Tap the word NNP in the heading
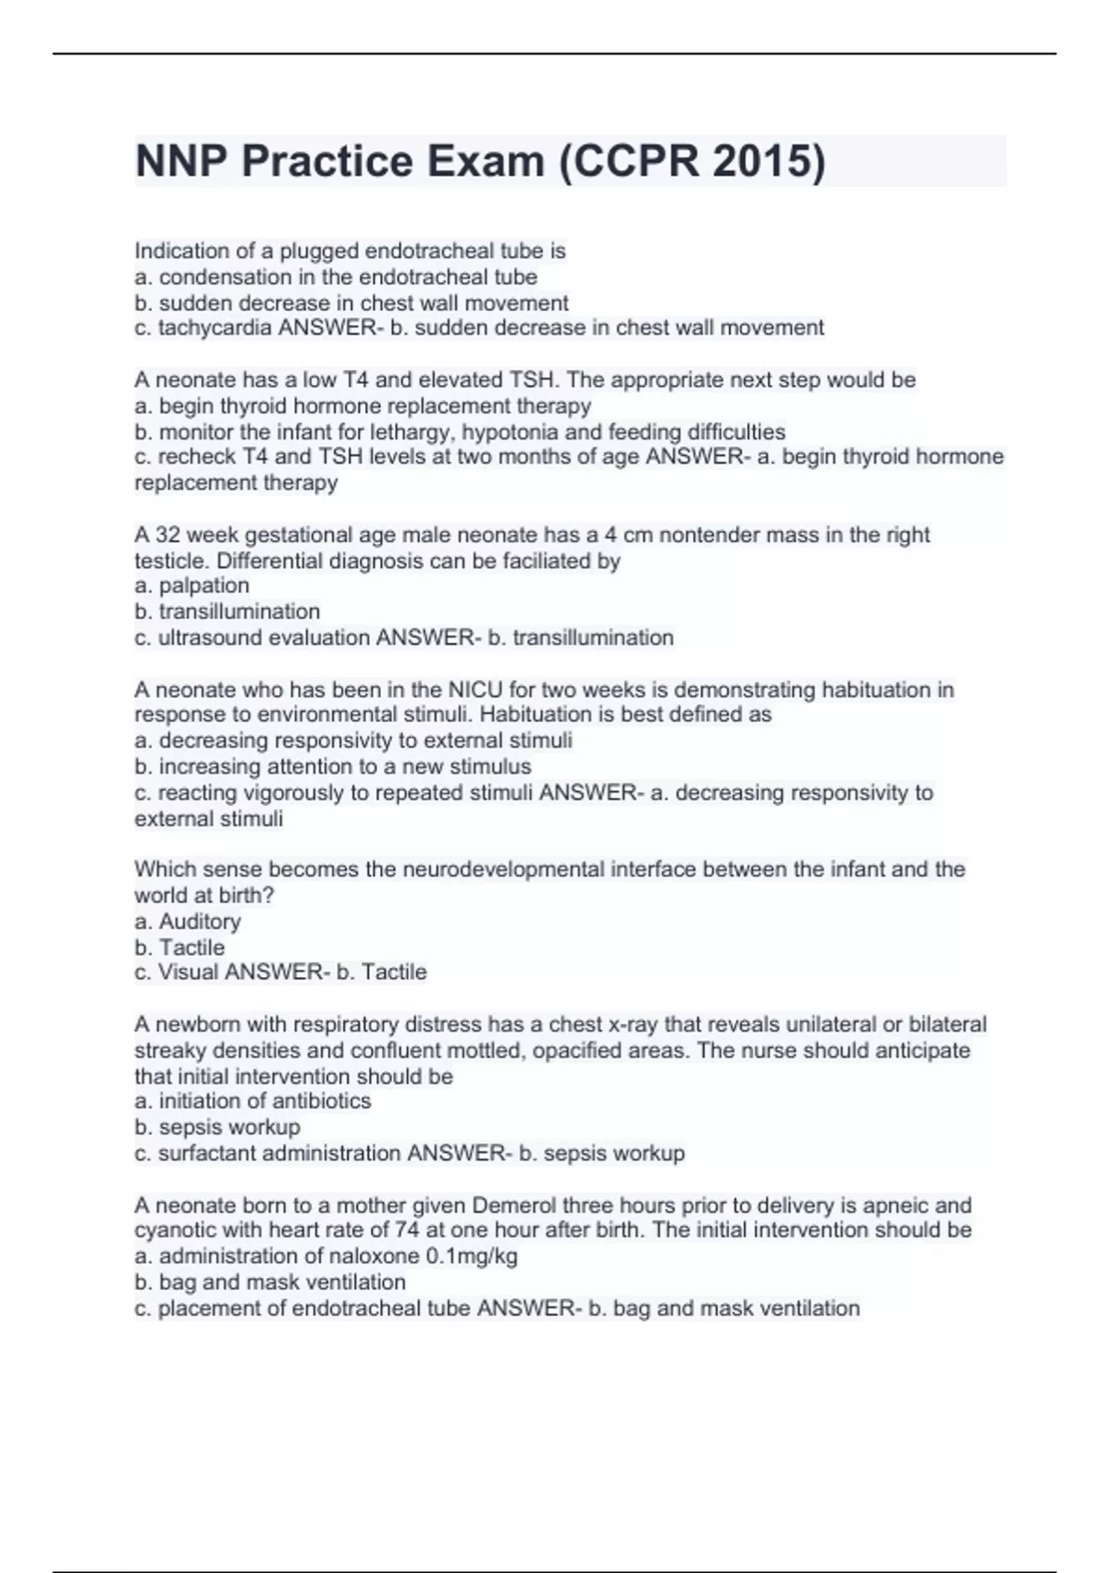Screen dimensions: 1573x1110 [x=181, y=162]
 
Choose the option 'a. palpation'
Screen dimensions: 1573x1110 [x=192, y=586]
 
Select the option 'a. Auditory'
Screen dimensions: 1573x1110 [x=188, y=922]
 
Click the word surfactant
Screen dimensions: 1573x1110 [x=207, y=1154]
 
